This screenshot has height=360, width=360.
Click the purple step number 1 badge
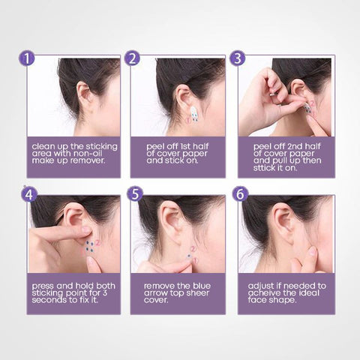point(26,58)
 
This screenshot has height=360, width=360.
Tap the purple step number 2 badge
point(132,58)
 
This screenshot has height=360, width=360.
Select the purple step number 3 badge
point(238,58)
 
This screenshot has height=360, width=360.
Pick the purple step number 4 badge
point(29,194)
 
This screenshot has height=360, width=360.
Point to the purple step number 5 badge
point(135,194)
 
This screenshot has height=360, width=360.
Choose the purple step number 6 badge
point(240,194)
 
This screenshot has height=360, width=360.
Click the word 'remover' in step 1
point(87,160)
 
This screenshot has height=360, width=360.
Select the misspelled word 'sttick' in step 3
point(264,168)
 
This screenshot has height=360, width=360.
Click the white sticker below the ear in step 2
point(195,114)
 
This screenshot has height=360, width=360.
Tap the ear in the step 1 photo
point(84,93)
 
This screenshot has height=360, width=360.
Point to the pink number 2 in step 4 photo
point(97,242)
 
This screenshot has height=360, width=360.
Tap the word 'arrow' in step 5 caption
point(155,292)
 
